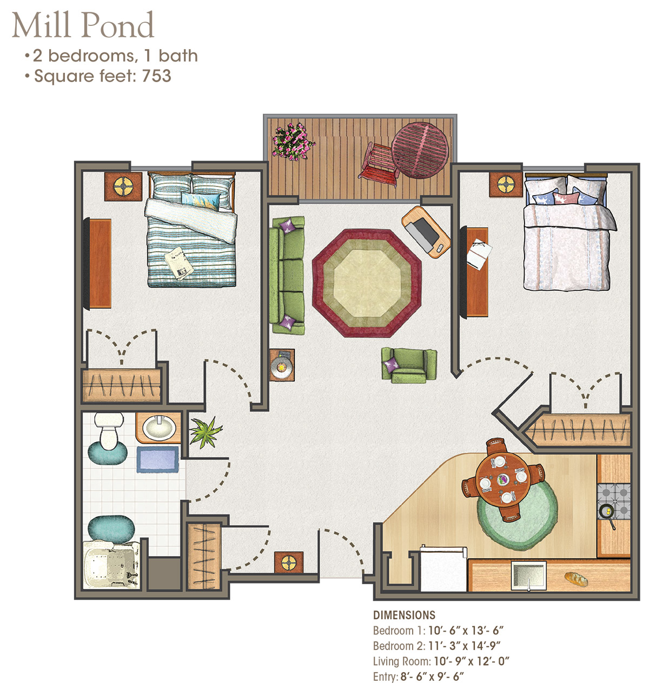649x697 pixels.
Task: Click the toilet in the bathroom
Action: tap(109, 431)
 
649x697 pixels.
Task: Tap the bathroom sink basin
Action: tap(159, 428)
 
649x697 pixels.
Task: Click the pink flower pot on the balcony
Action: tap(293, 142)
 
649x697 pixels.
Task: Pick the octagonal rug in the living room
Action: tap(367, 283)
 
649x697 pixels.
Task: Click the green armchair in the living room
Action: tap(409, 365)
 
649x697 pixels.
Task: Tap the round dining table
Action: tap(503, 479)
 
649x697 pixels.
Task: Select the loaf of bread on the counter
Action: tap(576, 579)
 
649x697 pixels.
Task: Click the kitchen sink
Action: tap(528, 576)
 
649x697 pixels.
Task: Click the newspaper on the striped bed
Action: tap(179, 263)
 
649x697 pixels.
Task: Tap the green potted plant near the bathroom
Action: tap(205, 432)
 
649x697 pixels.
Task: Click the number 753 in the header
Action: tap(156, 76)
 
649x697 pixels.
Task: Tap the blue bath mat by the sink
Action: tap(157, 459)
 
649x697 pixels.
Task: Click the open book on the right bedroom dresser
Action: tap(479, 254)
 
